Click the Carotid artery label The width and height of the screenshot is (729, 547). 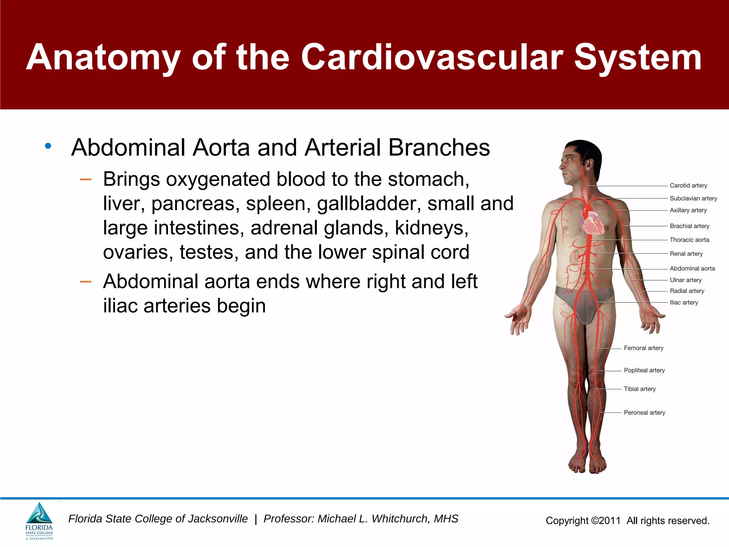688,186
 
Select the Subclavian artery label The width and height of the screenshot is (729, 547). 693,198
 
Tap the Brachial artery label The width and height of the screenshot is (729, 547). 689,226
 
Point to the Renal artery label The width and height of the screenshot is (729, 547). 686,254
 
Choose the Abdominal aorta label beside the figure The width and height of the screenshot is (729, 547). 692,269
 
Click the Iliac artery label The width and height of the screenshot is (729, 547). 683,302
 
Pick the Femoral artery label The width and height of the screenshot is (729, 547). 643,348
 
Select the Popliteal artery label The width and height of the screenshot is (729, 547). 644,370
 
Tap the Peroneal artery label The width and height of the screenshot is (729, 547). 644,412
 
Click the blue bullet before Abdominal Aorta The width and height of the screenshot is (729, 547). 48,146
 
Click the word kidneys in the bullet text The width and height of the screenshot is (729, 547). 431,228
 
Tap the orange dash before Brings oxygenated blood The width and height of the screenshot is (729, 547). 86,179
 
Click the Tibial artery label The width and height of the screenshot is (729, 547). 639,389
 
